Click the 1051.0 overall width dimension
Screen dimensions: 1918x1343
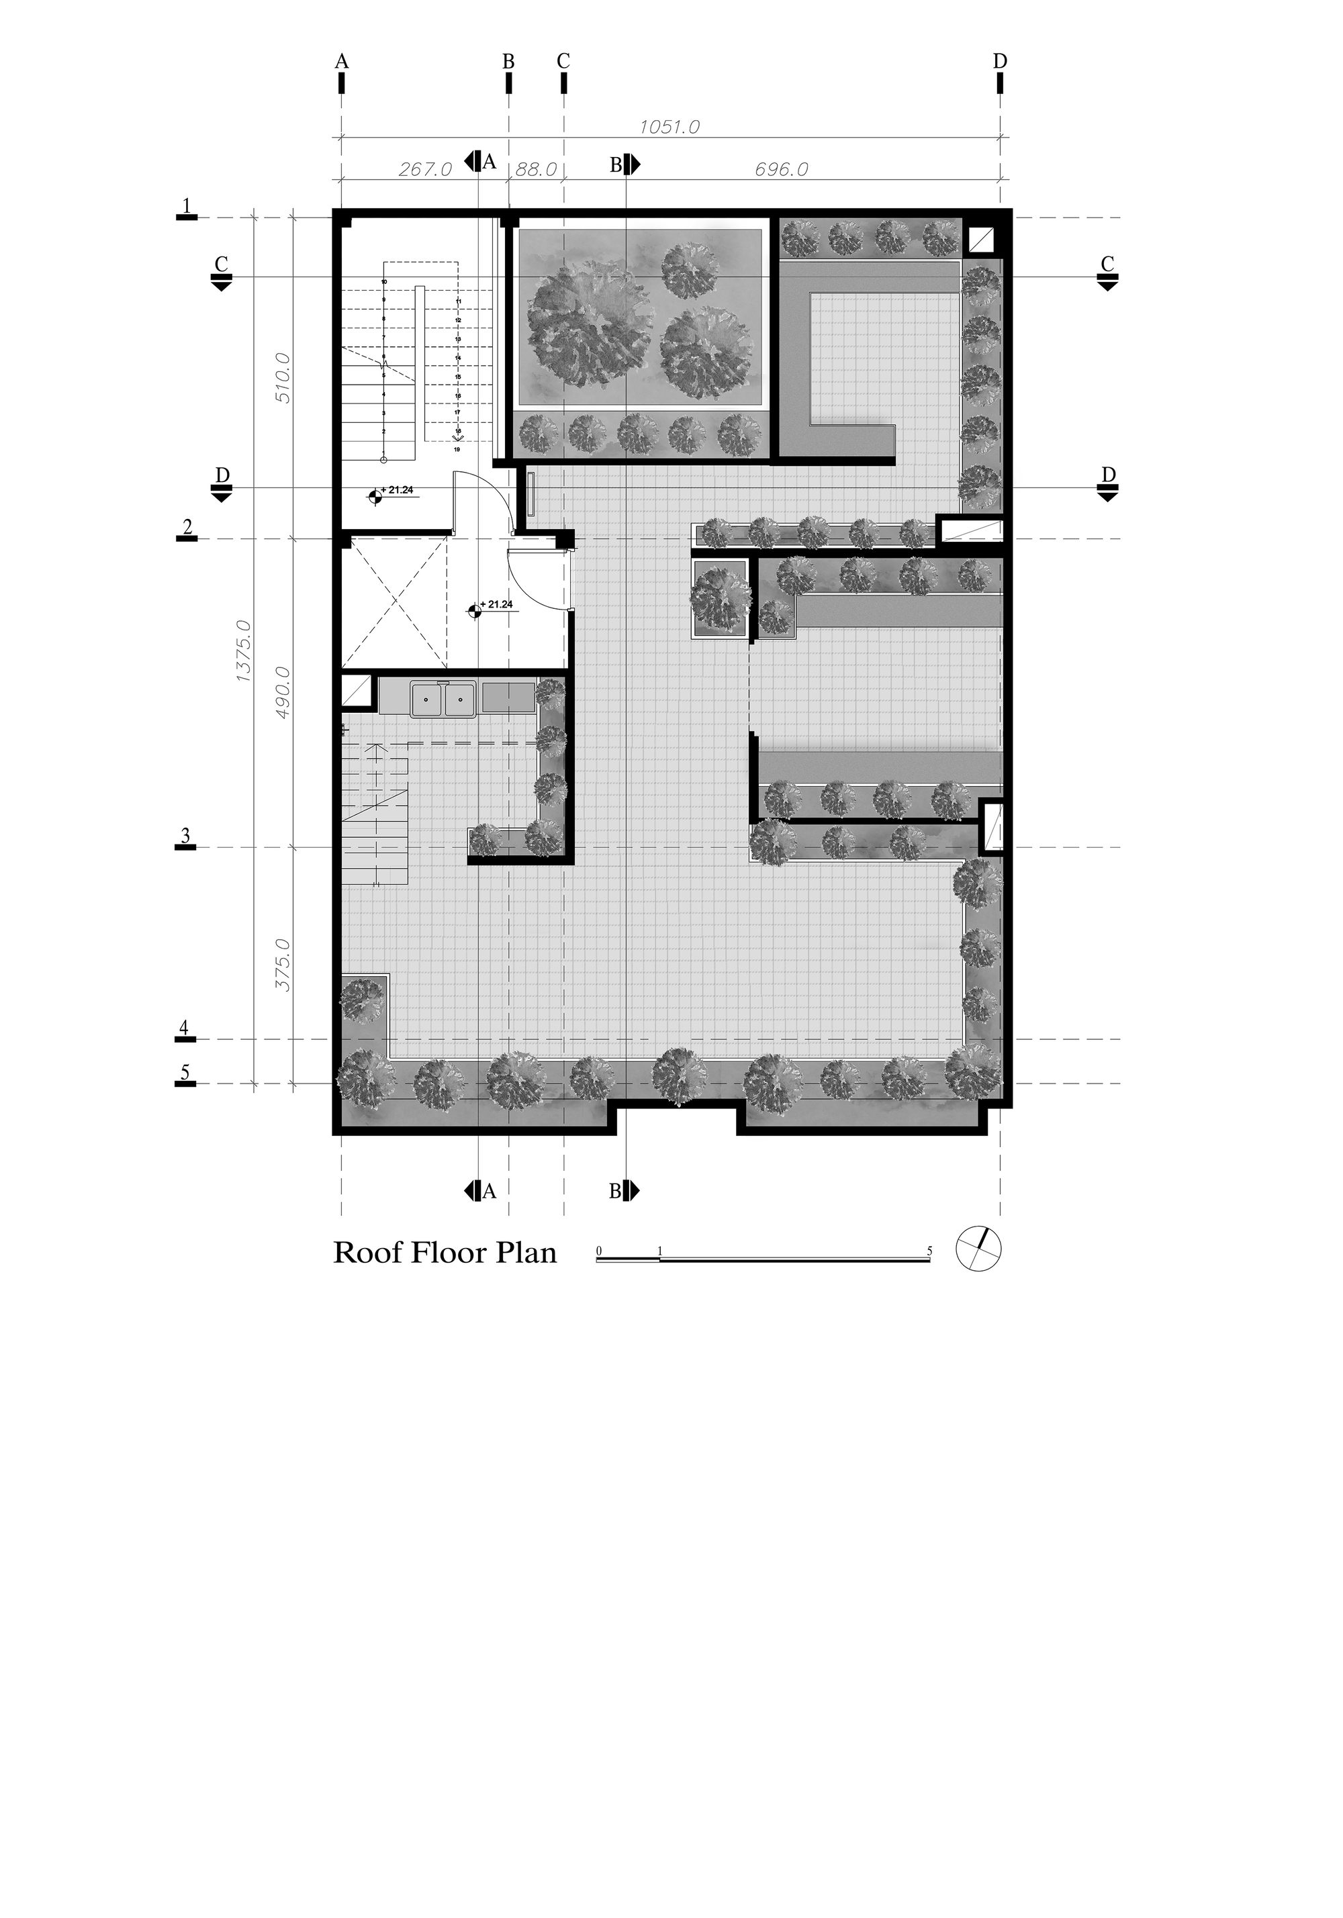point(669,127)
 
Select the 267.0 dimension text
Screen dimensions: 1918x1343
point(424,170)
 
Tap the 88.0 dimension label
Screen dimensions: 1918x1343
point(536,170)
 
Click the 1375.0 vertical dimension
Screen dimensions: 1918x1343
point(244,651)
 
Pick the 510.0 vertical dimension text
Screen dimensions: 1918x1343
point(283,377)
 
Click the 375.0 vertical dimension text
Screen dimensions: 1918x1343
point(283,965)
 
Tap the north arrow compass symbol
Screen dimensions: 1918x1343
point(978,1250)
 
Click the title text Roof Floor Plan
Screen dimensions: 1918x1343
point(445,1253)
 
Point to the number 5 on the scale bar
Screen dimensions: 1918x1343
point(929,1251)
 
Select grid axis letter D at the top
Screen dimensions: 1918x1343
point(999,61)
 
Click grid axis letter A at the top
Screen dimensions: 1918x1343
point(341,61)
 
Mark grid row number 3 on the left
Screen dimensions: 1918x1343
point(185,835)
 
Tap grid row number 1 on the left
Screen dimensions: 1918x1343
point(187,205)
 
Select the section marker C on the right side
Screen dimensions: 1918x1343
point(1107,271)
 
